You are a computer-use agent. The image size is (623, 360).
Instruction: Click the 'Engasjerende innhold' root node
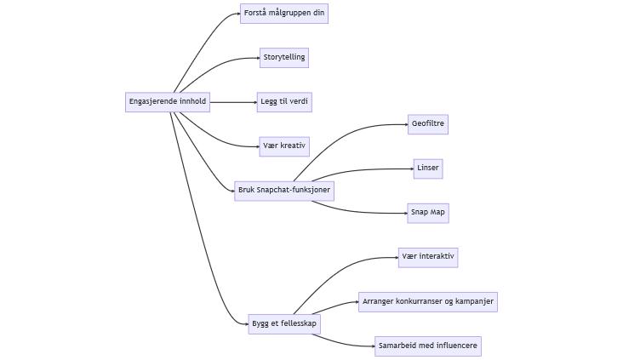click(x=167, y=102)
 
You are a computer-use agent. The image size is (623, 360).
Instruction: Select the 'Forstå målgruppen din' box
click(x=284, y=14)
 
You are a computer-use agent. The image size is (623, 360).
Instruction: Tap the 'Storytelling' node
click(x=284, y=58)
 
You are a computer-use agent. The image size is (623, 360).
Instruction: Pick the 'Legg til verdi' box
click(x=284, y=102)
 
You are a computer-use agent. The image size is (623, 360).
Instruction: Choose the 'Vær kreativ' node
click(x=284, y=146)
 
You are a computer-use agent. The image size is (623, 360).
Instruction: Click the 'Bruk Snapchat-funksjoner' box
click(x=284, y=190)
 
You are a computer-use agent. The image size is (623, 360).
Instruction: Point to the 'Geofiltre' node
click(x=427, y=124)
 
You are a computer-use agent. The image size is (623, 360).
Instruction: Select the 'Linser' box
click(x=428, y=169)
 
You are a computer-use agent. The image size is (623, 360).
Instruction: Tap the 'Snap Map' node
click(x=428, y=213)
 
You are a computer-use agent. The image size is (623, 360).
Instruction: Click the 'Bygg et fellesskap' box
click(x=284, y=323)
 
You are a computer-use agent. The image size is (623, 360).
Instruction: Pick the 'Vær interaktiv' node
click(x=428, y=257)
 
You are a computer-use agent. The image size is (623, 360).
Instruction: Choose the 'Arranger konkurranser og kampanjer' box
click(x=427, y=301)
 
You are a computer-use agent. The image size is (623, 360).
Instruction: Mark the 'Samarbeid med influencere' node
click(x=428, y=346)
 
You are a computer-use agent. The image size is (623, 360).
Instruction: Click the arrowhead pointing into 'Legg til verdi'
click(x=254, y=102)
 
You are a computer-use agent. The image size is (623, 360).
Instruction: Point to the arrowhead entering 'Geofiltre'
click(x=404, y=124)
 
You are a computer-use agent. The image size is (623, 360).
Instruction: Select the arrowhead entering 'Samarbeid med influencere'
click(x=371, y=346)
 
